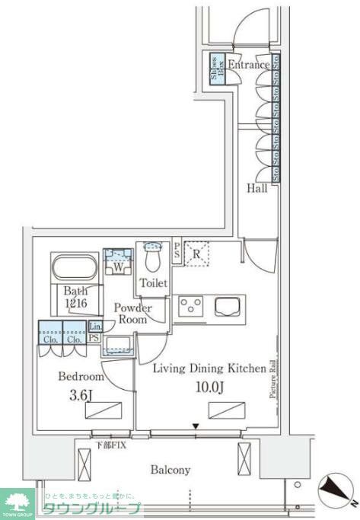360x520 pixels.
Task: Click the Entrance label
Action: [248, 65]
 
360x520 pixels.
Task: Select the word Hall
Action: [256, 188]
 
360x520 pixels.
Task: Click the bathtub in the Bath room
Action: [74, 267]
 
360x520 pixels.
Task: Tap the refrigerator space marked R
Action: [196, 254]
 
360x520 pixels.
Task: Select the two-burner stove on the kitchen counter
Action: [191, 306]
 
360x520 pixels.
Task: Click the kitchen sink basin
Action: [229, 306]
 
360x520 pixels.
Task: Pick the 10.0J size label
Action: [209, 386]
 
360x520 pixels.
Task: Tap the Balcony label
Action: [170, 470]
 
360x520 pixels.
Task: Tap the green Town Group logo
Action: [18, 502]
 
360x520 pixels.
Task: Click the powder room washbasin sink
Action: [118, 343]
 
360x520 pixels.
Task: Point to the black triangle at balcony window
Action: [196, 426]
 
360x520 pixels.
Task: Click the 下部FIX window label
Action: [110, 443]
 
